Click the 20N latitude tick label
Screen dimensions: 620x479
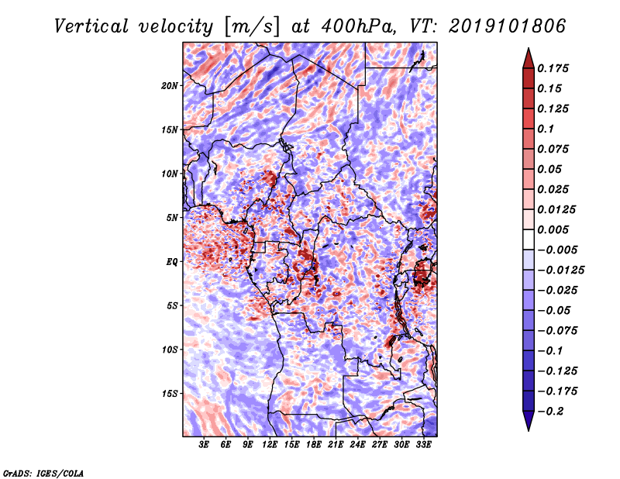click(x=170, y=85)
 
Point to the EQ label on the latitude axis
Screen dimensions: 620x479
click(x=171, y=262)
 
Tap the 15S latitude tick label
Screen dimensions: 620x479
click(x=170, y=394)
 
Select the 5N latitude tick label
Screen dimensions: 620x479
click(x=172, y=218)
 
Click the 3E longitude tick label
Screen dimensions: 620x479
click(x=204, y=445)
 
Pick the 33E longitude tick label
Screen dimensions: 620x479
click(x=423, y=445)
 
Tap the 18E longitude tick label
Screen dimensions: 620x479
click(x=314, y=445)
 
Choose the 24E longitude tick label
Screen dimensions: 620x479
click(x=357, y=445)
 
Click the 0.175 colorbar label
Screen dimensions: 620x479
click(x=553, y=68)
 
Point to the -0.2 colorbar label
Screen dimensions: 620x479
click(x=550, y=412)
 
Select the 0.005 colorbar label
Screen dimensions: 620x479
click(x=553, y=229)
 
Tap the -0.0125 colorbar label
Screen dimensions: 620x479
click(x=561, y=271)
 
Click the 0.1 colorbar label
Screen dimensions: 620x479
click(x=546, y=129)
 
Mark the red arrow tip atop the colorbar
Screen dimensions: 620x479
click(x=529, y=48)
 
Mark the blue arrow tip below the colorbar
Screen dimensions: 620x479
click(x=529, y=430)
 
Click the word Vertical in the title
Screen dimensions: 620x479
click(x=91, y=26)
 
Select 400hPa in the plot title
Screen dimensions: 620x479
click(x=358, y=26)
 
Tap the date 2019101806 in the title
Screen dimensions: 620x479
click(x=508, y=26)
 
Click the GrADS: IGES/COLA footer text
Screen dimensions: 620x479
click(x=43, y=473)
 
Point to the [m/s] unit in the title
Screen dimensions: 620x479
click(x=252, y=27)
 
